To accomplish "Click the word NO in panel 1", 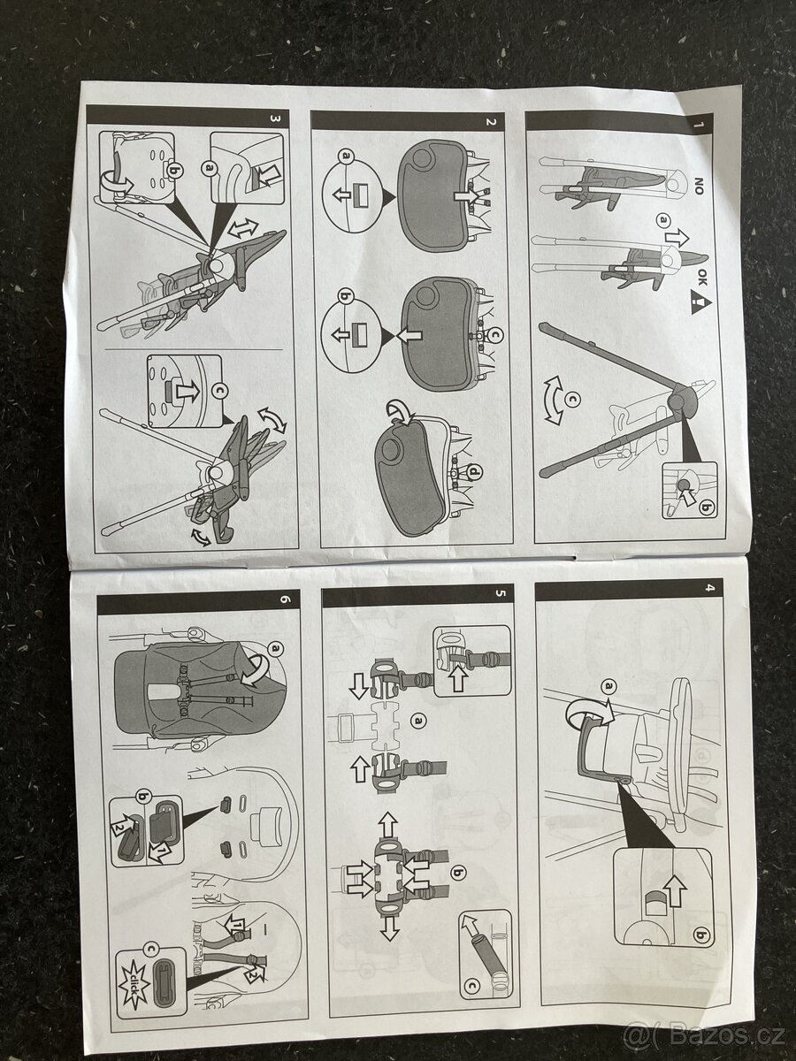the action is (699, 186).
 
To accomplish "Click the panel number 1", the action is (698, 122).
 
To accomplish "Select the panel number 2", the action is (491, 121).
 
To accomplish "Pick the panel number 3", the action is (275, 118).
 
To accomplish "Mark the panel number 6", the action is (284, 599).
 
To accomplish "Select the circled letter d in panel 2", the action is (475, 475).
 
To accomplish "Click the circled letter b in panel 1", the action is (707, 508).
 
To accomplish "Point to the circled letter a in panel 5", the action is (418, 721).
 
